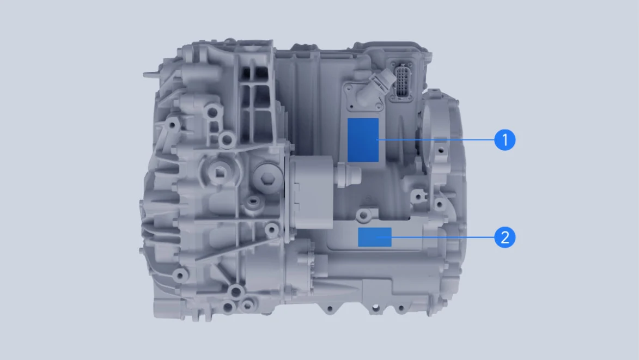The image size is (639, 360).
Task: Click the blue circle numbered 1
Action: pos(504,139)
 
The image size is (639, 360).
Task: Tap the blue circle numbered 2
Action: pos(504,237)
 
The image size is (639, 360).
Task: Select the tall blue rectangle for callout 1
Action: pos(363,140)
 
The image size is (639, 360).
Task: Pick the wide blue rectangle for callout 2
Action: pos(375,237)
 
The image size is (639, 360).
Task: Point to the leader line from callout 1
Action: pos(436,139)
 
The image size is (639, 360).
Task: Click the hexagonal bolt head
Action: pos(267,177)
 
